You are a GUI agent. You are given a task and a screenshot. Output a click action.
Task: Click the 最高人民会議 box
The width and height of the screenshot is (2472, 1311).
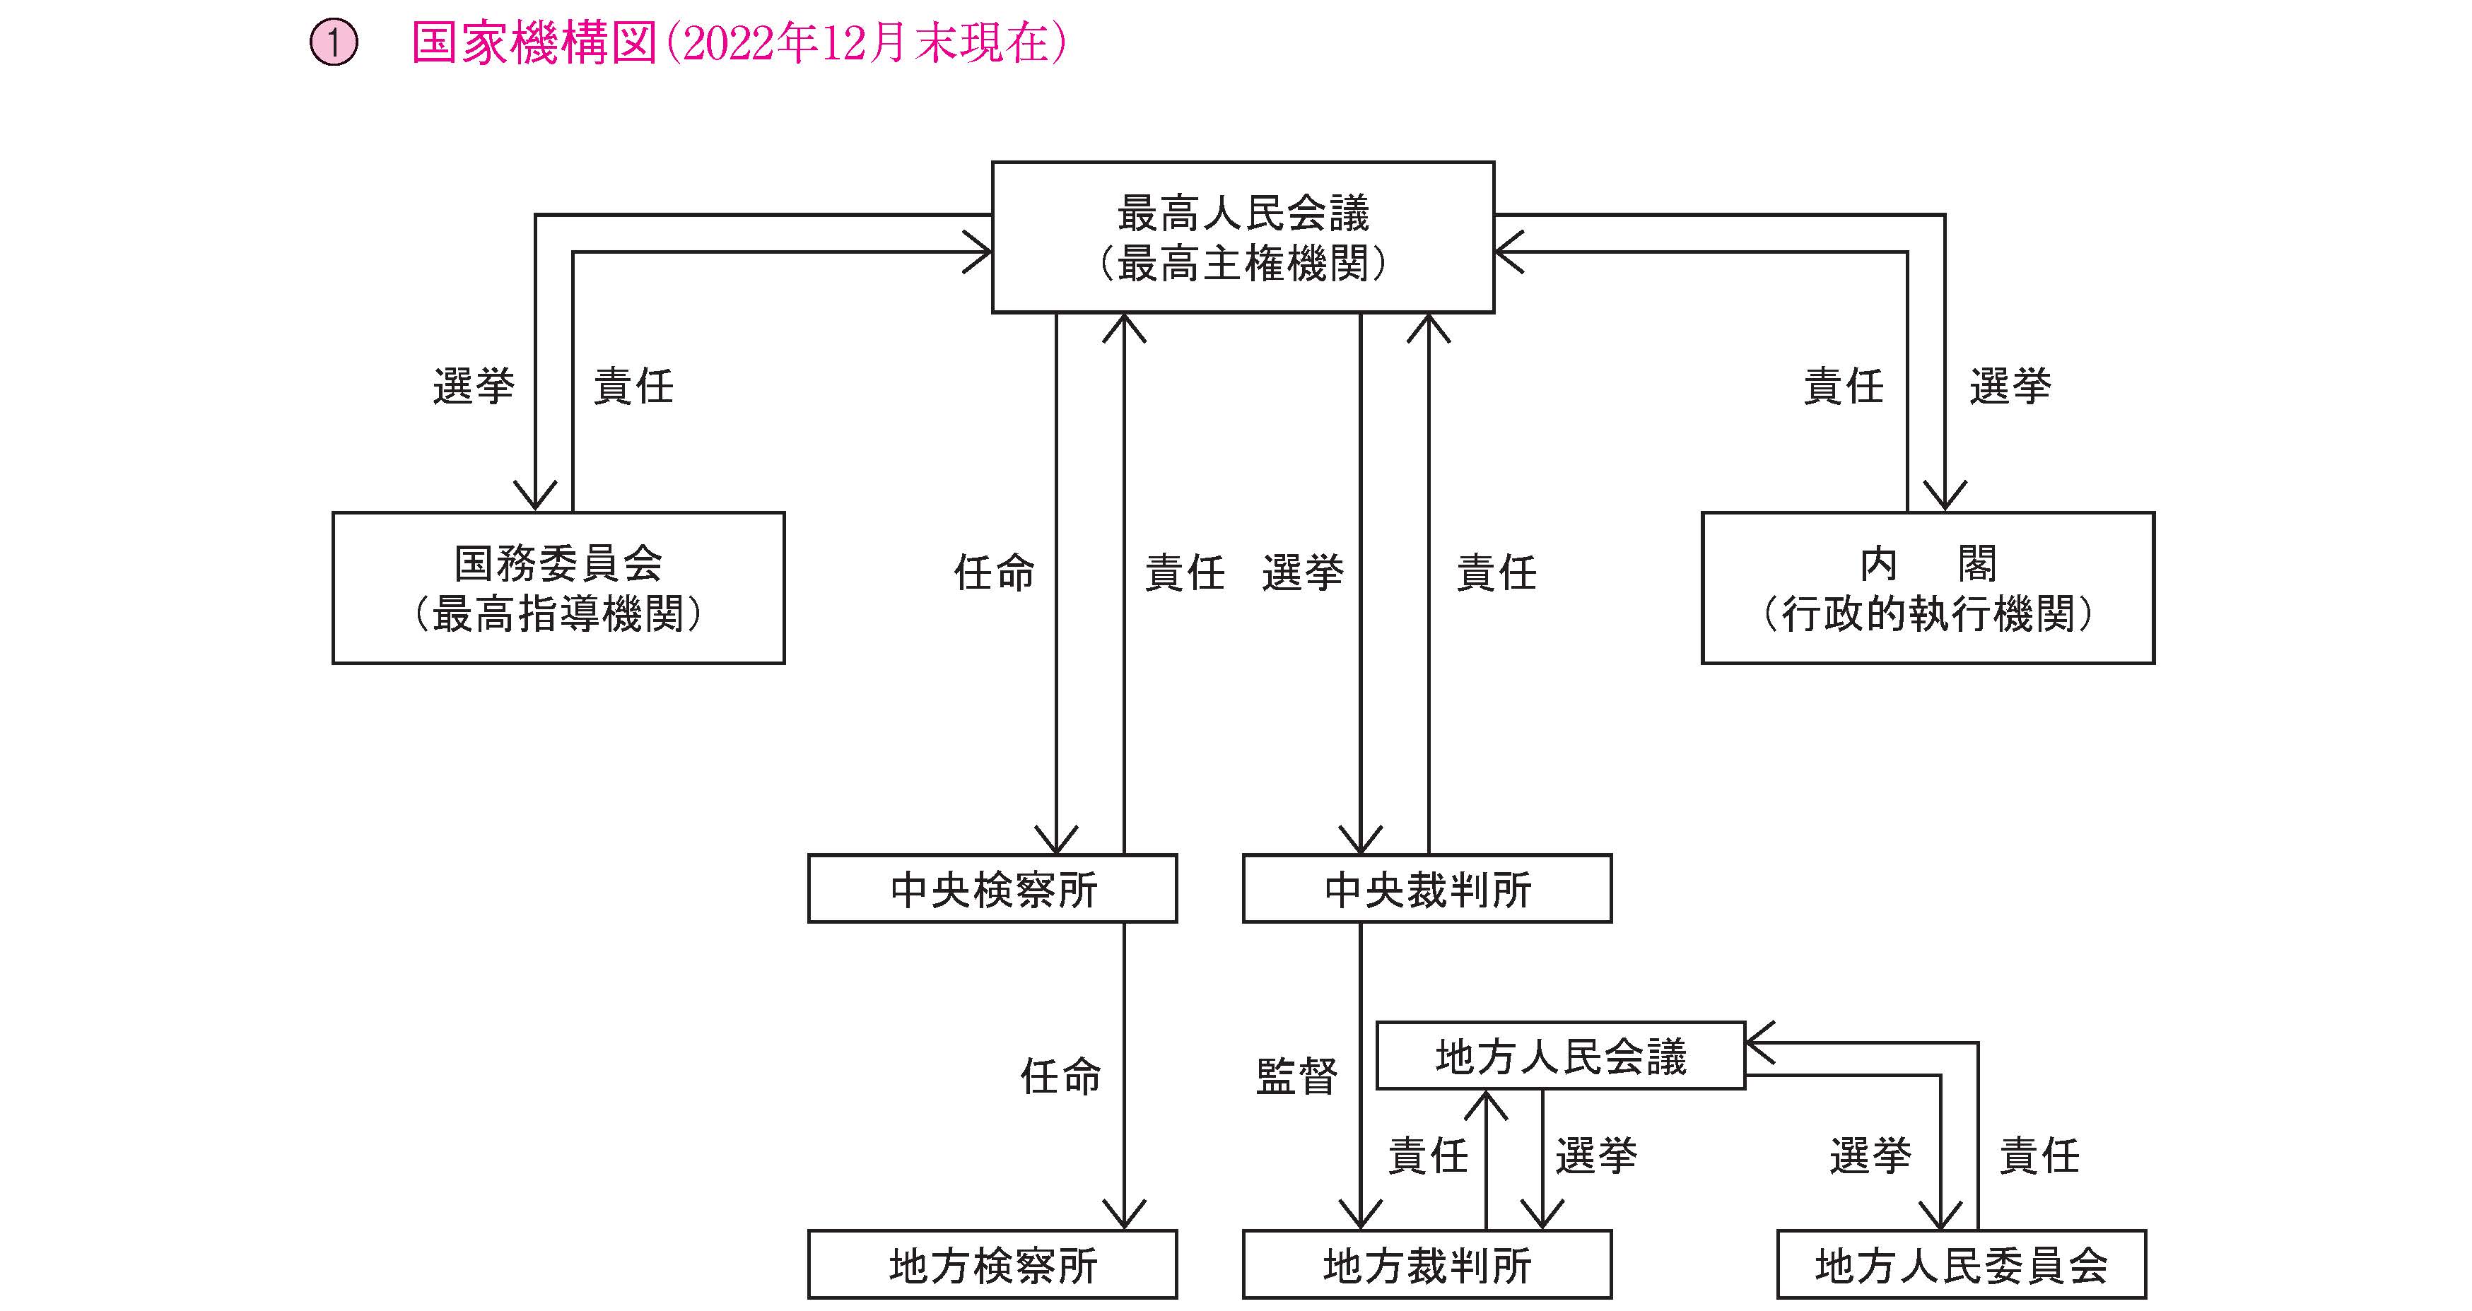pos(1243,237)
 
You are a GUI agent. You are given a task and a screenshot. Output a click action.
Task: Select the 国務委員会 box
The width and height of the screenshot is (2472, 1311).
pos(558,587)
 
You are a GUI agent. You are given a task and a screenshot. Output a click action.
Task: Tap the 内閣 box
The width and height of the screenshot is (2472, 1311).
pos(1928,587)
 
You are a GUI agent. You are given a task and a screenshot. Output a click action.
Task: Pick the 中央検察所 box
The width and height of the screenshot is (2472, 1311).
pos(992,888)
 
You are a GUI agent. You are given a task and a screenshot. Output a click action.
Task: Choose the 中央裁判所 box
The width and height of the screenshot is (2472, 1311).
pos(1427,888)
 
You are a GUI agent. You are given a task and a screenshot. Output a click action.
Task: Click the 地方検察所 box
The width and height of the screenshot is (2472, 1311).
pos(992,1265)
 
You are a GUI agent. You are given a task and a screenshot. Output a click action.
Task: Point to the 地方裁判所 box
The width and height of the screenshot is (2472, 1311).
pos(1427,1265)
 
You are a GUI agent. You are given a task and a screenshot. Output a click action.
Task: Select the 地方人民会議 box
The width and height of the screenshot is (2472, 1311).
pos(1560,1056)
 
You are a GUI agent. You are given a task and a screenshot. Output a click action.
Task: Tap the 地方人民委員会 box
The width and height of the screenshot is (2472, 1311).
pos(1962,1265)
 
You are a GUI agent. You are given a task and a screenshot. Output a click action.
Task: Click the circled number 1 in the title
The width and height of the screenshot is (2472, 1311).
pos(333,44)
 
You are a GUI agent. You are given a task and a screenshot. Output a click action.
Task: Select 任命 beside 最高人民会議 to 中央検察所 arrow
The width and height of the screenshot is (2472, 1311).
pos(994,573)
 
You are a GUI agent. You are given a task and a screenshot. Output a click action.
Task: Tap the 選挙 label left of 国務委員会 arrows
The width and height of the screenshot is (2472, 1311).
pos(473,386)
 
